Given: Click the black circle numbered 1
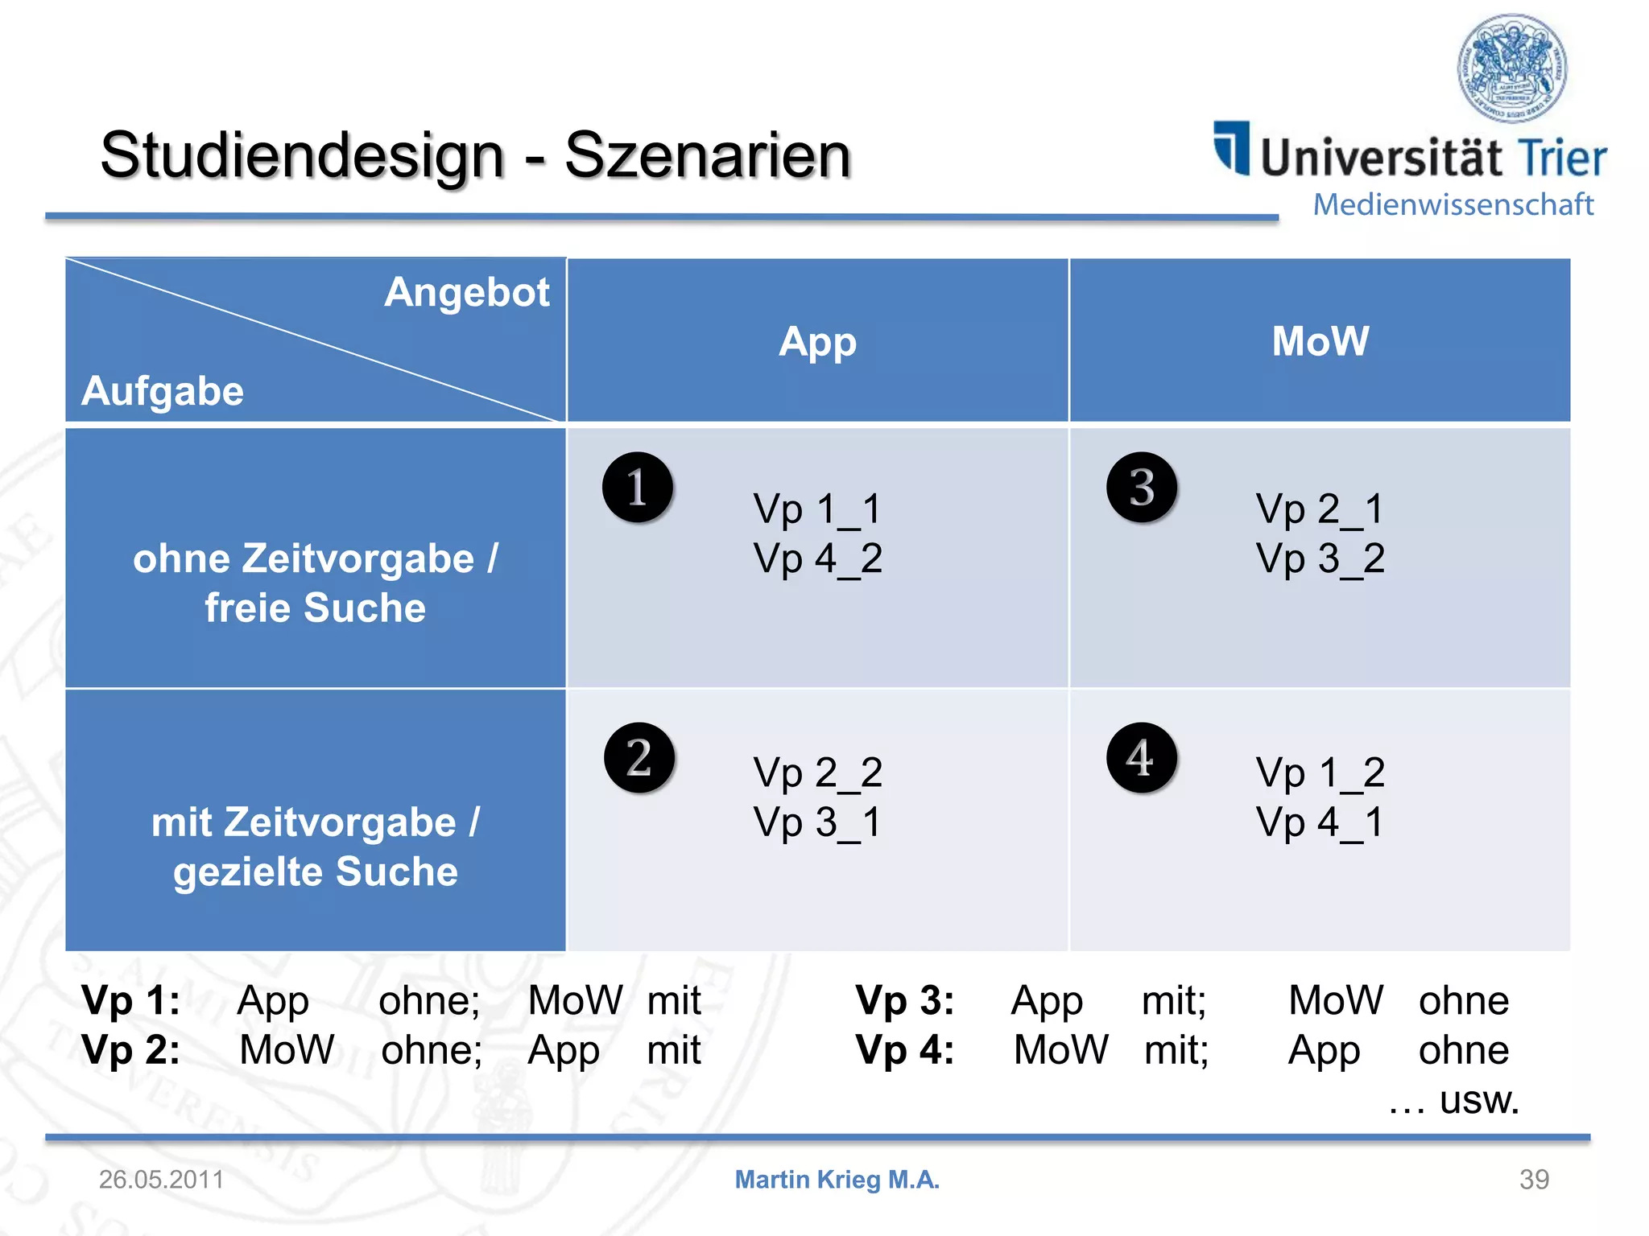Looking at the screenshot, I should (638, 488).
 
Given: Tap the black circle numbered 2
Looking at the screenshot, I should (639, 757).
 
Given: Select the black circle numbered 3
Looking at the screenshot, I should (1142, 488).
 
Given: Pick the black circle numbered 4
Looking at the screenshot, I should (1142, 757).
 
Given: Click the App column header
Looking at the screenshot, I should (817, 342).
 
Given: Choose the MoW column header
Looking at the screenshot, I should (1320, 341).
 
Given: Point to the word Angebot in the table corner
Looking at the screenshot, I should (467, 292).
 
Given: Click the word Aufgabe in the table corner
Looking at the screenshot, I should (163, 392).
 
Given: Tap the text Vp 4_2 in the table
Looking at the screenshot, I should (817, 558).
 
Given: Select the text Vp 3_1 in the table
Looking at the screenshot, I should (817, 822).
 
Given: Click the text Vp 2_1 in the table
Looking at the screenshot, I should (1320, 509).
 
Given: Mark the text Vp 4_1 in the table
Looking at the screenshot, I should (1320, 822).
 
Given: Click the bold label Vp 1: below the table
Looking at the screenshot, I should (131, 1001).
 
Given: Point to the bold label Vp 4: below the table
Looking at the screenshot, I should (905, 1050).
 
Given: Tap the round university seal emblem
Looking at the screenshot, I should (1512, 68).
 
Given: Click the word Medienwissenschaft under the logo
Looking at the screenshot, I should (1453, 205).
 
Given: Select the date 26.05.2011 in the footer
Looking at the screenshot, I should (161, 1180).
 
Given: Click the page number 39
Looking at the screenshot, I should (1534, 1180).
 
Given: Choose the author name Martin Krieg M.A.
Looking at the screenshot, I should (837, 1180).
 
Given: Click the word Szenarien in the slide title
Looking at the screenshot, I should (708, 155).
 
